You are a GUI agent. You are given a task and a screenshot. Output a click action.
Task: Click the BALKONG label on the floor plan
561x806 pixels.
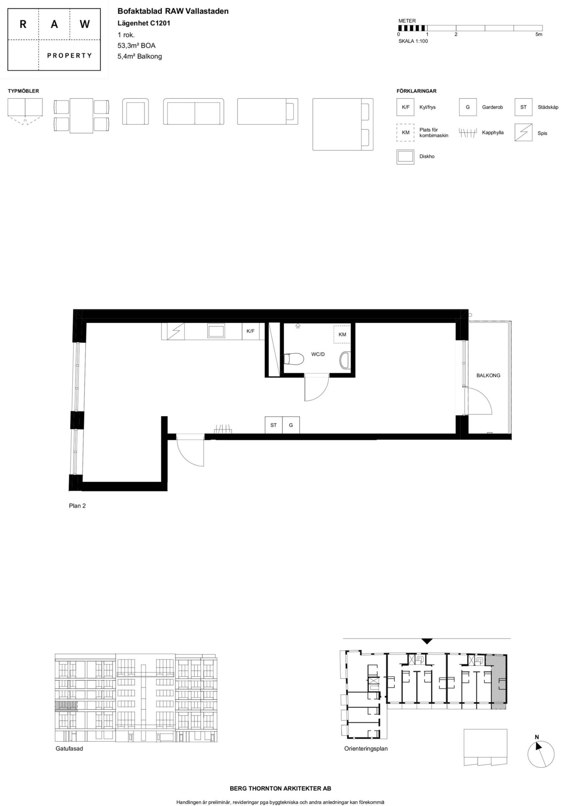(488, 375)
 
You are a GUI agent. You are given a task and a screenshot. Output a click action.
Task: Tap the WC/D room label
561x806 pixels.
(318, 354)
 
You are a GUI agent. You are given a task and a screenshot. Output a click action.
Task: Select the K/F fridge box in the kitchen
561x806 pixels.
(250, 331)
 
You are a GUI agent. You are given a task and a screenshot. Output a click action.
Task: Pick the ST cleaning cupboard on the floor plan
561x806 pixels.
(274, 425)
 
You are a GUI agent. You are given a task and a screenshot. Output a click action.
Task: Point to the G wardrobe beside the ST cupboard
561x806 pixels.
(291, 425)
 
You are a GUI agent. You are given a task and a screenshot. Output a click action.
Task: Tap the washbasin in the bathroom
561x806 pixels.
(345, 360)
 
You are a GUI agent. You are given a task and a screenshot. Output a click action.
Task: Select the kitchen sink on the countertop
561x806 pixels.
(216, 331)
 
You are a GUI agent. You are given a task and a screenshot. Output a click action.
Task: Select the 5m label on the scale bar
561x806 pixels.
(539, 34)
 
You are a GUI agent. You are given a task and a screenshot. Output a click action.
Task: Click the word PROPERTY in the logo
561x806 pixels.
(70, 55)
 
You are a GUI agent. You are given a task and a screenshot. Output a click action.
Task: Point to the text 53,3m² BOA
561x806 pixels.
(137, 45)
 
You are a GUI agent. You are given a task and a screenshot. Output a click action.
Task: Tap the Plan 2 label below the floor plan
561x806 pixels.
(77, 506)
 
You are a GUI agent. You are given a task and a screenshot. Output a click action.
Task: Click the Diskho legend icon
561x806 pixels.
(405, 157)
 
